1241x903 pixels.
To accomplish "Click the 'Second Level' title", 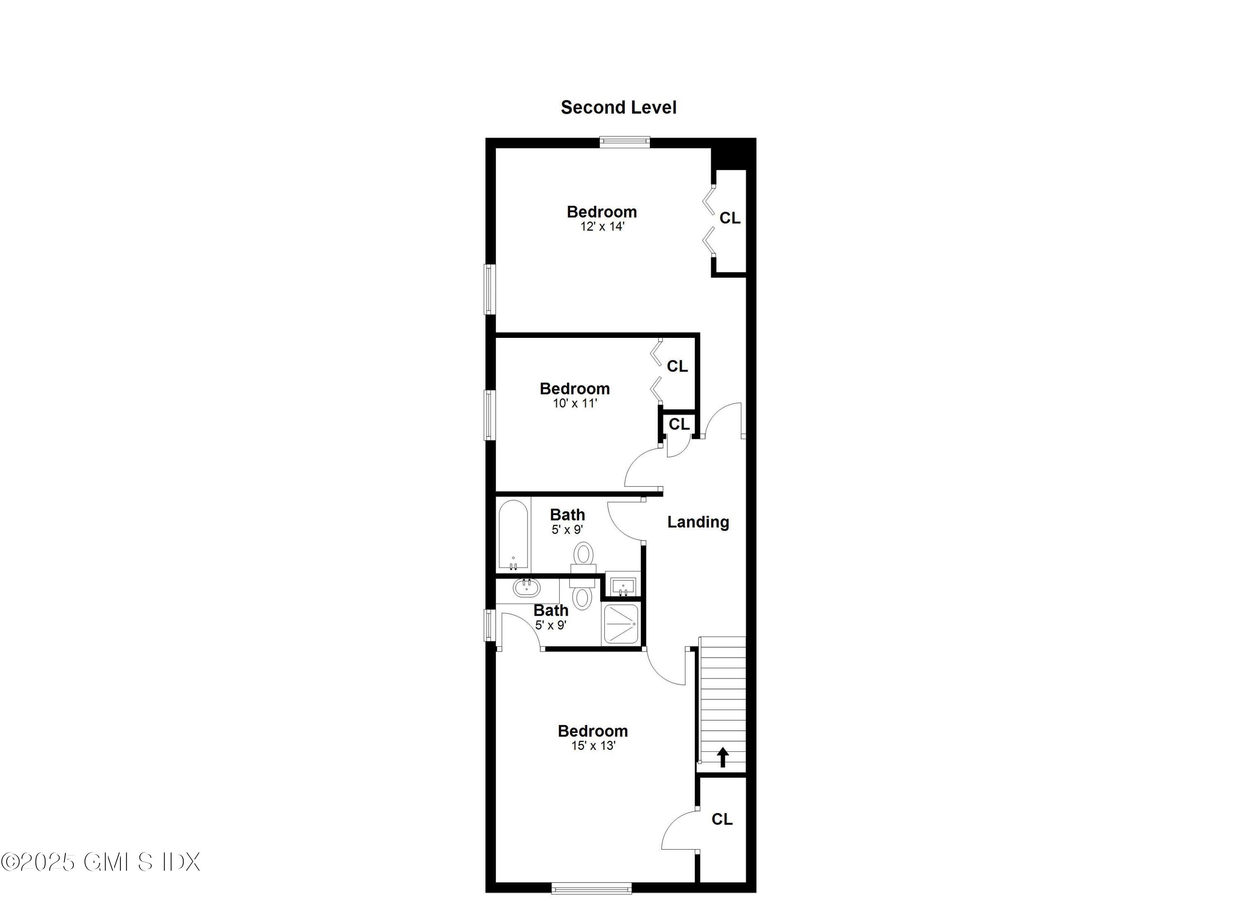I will (618, 107).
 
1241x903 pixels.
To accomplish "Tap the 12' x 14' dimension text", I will (602, 227).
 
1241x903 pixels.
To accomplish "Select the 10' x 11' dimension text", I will (575, 404).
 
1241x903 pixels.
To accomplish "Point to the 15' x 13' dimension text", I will (593, 746).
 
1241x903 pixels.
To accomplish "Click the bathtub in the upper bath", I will (513, 535).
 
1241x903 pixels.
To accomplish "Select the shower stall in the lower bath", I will (620, 624).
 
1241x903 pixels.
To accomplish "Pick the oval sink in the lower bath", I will (526, 588).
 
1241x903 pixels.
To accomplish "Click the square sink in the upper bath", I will (623, 586).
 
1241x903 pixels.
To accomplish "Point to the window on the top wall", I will (624, 142).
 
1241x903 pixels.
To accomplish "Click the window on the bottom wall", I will (592, 888).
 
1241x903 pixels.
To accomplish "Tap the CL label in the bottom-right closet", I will (722, 819).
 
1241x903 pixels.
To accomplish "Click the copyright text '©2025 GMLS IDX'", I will (101, 862).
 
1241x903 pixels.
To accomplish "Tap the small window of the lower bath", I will (490, 625).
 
